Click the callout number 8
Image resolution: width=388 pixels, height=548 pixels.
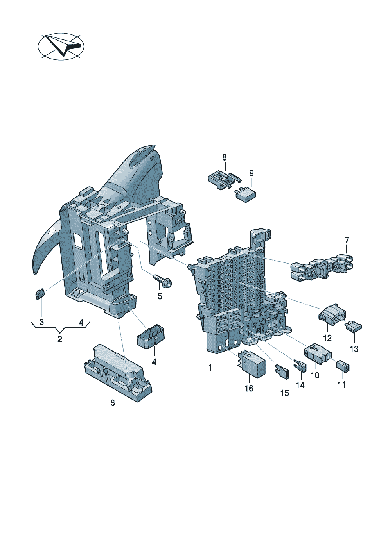point(225,157)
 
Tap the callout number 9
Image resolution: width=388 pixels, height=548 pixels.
point(251,173)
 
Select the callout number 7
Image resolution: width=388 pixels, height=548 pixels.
point(347,240)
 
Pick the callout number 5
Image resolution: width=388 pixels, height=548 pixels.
point(160,296)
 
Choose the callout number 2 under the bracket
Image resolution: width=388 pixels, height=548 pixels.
point(60,339)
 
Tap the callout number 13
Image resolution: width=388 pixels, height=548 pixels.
point(354,349)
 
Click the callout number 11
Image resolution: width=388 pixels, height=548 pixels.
point(341,385)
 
